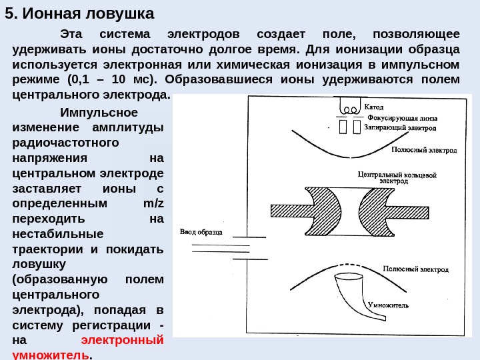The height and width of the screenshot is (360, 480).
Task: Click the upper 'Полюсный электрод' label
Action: pos(425,151)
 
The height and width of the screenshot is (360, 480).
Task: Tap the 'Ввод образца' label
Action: pos(202,233)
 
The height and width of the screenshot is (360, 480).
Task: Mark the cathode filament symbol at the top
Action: pos(349,107)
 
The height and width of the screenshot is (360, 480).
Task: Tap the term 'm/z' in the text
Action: pos(153,203)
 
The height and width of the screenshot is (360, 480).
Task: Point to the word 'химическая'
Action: pos(263,65)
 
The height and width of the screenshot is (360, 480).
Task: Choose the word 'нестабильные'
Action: pos(58,234)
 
